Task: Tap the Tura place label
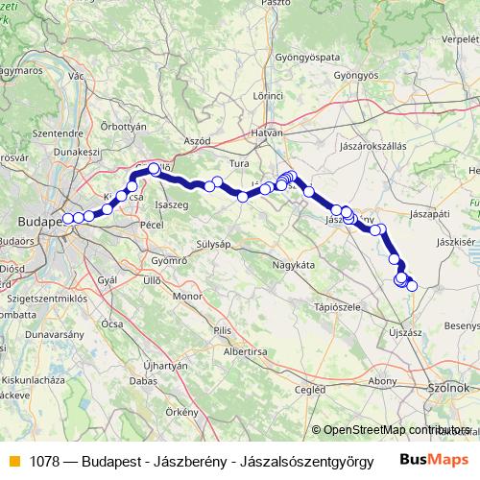(x=239, y=164)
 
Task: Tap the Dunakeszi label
(x=78, y=151)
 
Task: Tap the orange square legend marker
(x=13, y=460)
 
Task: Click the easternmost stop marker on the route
(x=413, y=285)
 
